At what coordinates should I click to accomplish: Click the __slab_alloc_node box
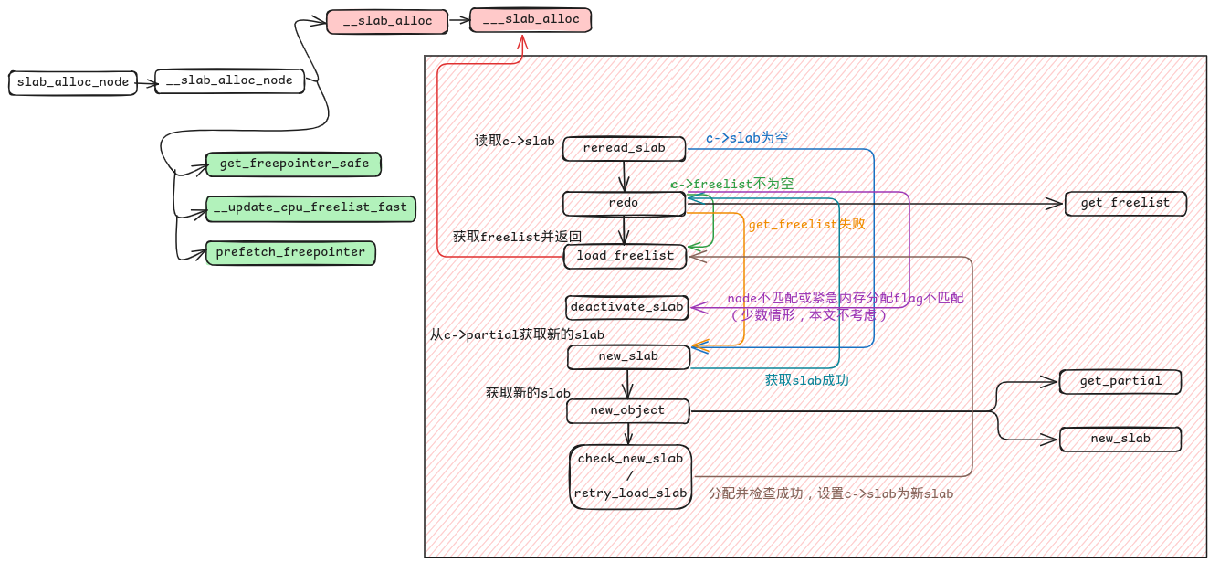pyautogui.click(x=229, y=81)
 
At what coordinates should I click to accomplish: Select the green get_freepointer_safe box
pyautogui.click(x=293, y=164)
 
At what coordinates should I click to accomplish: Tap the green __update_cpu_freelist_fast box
pyautogui.click(x=310, y=208)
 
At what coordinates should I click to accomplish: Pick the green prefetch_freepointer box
pyautogui.click(x=290, y=253)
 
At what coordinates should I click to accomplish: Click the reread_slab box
pyautogui.click(x=624, y=148)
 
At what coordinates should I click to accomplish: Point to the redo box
pyautogui.click(x=624, y=203)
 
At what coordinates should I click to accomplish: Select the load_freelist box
pyautogui.click(x=625, y=256)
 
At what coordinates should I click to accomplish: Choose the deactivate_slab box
pyautogui.click(x=626, y=307)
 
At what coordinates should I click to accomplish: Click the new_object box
pyautogui.click(x=627, y=410)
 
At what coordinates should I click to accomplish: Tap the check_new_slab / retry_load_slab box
pyautogui.click(x=630, y=476)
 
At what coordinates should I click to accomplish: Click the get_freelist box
pyautogui.click(x=1125, y=203)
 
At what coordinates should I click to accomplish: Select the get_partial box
pyautogui.click(x=1120, y=381)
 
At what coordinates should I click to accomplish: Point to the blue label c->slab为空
pyautogui.click(x=747, y=139)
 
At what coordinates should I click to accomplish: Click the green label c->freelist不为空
pyautogui.click(x=731, y=184)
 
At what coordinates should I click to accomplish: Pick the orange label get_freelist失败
pyautogui.click(x=806, y=224)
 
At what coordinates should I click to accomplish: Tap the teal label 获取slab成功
pyautogui.click(x=806, y=380)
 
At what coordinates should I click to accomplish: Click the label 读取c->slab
pyautogui.click(x=514, y=142)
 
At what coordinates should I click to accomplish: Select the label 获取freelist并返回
pyautogui.click(x=517, y=237)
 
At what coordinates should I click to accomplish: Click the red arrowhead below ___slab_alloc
pyautogui.click(x=523, y=41)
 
